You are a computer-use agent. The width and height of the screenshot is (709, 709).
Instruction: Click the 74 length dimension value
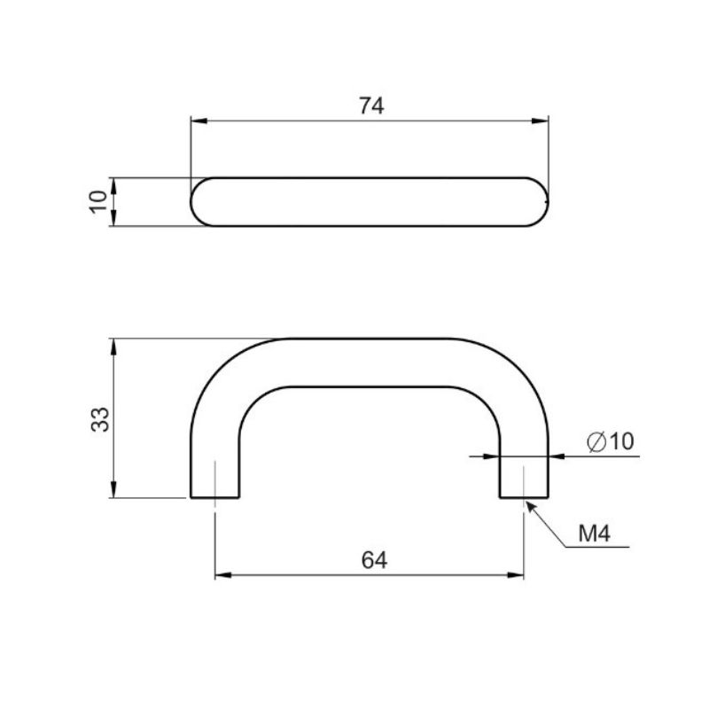[x=371, y=105]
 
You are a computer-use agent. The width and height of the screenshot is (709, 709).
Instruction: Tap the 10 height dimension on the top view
[x=98, y=202]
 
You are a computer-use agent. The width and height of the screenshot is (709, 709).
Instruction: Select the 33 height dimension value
[x=100, y=419]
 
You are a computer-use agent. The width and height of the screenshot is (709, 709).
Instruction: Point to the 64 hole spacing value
[x=374, y=561]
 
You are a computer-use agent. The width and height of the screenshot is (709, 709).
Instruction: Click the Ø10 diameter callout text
[x=611, y=441]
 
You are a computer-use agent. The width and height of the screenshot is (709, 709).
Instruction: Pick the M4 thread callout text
[x=595, y=534]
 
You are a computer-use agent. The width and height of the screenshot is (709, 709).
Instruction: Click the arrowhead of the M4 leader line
[x=531, y=506]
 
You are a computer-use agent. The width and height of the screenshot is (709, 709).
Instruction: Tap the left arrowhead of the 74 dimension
[x=199, y=121]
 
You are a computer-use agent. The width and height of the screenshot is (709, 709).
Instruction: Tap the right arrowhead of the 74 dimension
[x=540, y=121]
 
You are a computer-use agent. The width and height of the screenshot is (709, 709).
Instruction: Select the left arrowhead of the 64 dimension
[x=223, y=575]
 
